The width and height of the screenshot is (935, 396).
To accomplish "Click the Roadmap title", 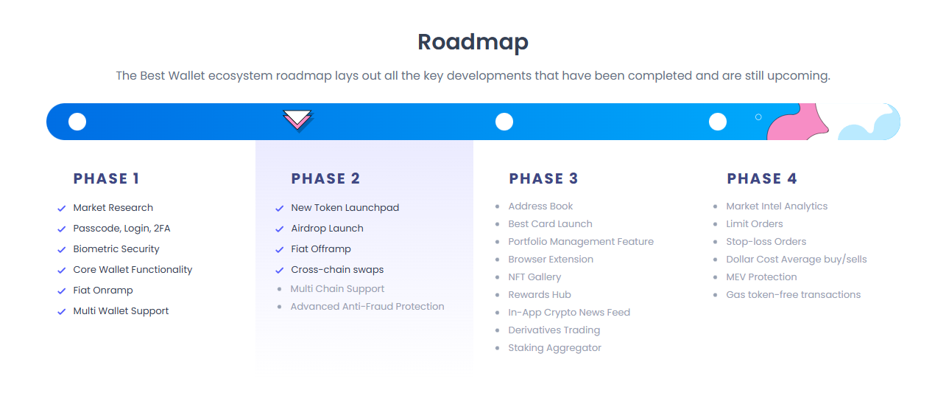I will click(473, 42).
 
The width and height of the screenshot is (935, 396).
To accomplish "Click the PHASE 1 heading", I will click(106, 178).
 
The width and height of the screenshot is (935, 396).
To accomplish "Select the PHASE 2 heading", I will click(325, 178).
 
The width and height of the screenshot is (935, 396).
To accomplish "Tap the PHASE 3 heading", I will click(543, 178).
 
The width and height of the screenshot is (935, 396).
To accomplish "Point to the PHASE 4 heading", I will click(762, 178).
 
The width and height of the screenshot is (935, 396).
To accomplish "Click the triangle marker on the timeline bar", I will click(297, 119).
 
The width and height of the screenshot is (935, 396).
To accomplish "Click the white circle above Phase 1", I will click(77, 122).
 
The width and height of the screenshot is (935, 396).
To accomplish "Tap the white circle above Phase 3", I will click(504, 122).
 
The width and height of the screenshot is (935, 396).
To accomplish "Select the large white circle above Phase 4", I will click(718, 122).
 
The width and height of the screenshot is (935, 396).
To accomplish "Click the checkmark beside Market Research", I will click(62, 209).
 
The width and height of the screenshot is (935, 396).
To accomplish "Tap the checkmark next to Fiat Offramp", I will click(280, 250).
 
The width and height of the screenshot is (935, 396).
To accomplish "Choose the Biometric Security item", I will click(116, 249).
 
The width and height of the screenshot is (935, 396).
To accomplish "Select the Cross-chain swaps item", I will click(337, 270).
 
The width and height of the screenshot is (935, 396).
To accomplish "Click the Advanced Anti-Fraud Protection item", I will click(367, 307).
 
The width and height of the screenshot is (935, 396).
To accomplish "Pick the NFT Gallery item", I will click(534, 277).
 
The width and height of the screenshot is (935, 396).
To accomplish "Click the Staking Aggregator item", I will click(554, 348).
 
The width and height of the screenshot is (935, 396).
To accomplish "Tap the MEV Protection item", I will click(761, 277).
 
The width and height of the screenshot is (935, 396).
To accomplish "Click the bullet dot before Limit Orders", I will click(716, 224).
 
